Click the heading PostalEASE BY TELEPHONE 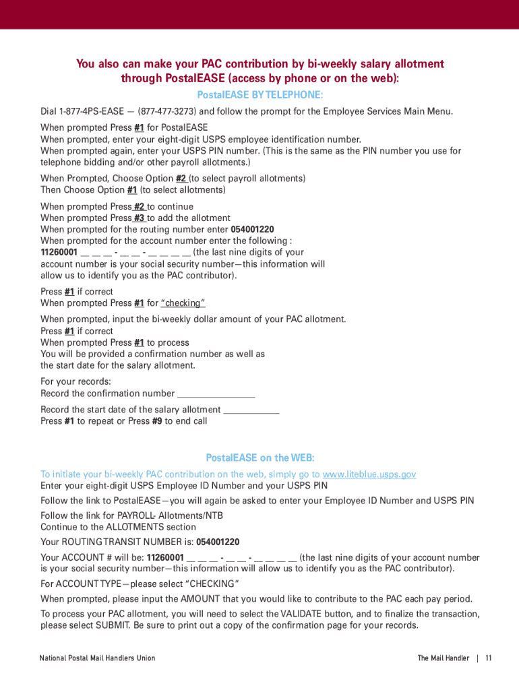pyautogui.click(x=259, y=94)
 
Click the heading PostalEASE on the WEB pyautogui.click(x=259, y=458)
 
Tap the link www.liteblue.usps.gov pyautogui.click(x=369, y=474)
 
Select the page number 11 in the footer pyautogui.click(x=489, y=658)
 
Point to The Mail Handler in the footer pyautogui.click(x=443, y=658)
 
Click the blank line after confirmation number pyautogui.click(x=216, y=394)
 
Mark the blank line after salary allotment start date pyautogui.click(x=251, y=410)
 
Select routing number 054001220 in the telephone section pyautogui.click(x=252, y=229)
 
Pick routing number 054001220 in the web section pyautogui.click(x=218, y=542)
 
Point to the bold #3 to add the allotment pyautogui.click(x=139, y=218)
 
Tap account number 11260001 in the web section pyautogui.click(x=165, y=557)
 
